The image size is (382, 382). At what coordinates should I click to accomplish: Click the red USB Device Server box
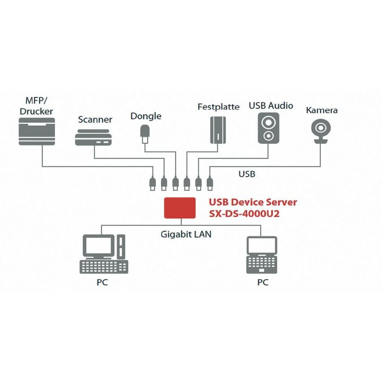point(180,208)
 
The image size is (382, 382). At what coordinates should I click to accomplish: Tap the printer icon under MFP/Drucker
point(37,131)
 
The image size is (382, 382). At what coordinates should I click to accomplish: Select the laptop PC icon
point(262,254)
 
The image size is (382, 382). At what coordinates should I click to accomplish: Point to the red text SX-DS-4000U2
point(244,214)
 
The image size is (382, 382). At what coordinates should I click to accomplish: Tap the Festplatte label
point(218,107)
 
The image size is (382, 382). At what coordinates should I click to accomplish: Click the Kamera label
point(322,110)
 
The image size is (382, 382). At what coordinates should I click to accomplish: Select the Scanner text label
point(95,120)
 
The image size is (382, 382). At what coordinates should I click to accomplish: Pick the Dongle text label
point(146,116)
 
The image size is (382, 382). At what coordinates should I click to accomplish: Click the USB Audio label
point(271,105)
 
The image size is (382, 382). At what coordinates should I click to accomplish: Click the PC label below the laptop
point(262,283)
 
